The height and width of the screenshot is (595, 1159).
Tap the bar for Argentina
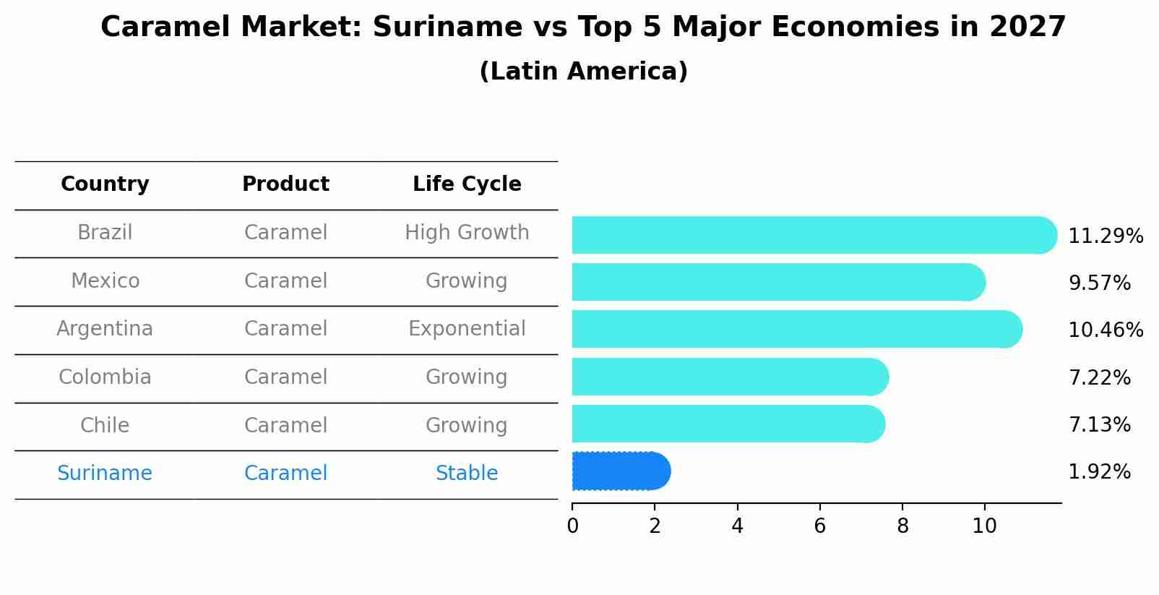click(795, 329)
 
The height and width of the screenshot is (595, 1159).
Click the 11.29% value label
click(1105, 236)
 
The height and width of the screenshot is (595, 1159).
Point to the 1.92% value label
click(1098, 472)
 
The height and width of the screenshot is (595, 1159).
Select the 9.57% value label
click(1098, 283)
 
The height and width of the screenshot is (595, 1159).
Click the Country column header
click(105, 184)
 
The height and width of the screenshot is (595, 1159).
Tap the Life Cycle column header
click(467, 184)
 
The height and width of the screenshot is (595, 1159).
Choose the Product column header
click(285, 184)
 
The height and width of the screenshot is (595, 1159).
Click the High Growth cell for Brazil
click(467, 233)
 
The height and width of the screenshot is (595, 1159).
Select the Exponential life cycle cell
click(467, 329)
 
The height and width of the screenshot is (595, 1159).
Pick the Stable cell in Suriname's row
click(467, 474)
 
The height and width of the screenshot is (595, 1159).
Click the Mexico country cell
click(105, 281)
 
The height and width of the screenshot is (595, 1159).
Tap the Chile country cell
click(105, 425)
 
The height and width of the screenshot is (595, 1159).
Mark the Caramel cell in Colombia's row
click(285, 377)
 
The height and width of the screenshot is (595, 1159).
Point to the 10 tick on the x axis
click(984, 526)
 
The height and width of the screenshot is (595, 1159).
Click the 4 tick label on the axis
click(737, 526)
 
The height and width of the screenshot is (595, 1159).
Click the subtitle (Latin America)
click(583, 72)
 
